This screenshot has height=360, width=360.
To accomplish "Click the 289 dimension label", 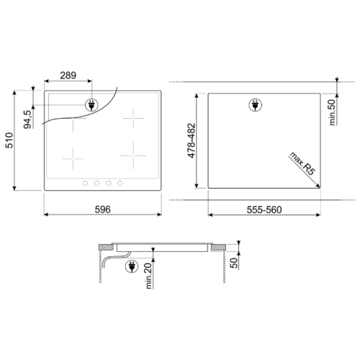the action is [x=68, y=76].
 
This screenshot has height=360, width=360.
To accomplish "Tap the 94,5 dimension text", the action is [x=27, y=120].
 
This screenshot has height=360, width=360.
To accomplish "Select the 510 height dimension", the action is [x=9, y=140].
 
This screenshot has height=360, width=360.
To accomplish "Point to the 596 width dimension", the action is [x=103, y=210].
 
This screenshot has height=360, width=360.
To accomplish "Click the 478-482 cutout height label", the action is [x=192, y=140].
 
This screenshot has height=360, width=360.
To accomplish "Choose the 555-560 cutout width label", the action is [x=264, y=210].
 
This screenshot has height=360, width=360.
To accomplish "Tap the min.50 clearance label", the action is [x=333, y=112].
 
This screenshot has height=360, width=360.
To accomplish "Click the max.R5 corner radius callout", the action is [x=302, y=163].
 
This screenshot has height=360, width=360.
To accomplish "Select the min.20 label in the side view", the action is [x=149, y=276].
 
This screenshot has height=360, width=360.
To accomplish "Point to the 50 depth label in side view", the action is [x=234, y=263].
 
